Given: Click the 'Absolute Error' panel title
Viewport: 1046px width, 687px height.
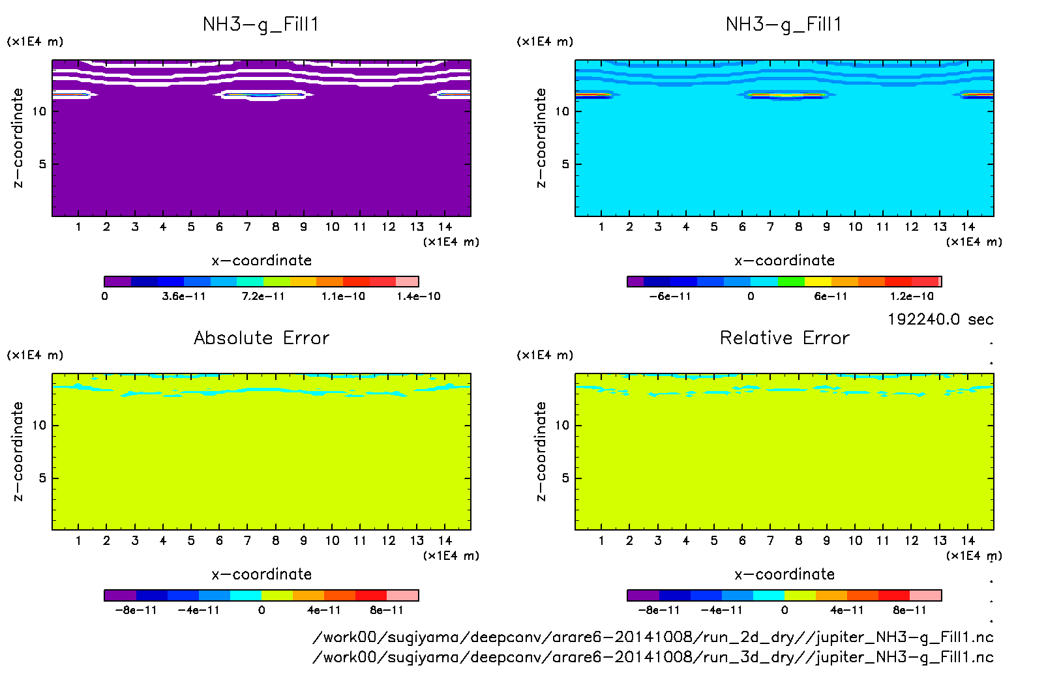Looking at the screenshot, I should point(261,338).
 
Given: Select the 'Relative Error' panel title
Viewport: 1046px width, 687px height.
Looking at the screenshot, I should point(784,338).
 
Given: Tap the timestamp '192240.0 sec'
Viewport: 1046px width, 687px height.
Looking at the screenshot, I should point(940,319).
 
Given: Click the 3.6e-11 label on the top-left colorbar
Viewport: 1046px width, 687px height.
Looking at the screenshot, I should point(184,297).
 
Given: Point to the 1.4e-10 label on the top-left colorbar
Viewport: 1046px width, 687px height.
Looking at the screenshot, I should point(419,297).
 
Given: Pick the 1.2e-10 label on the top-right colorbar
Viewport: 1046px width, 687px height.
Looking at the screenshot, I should point(912,297).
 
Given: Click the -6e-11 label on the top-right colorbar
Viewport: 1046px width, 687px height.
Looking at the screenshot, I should point(670,297).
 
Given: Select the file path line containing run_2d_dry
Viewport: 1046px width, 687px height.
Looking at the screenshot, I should point(653,637).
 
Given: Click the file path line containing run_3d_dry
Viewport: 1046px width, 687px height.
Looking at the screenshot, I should point(653,657).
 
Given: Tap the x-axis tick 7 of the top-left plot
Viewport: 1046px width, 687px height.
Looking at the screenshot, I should point(247,227).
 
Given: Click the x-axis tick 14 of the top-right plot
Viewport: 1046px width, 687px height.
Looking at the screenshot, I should point(968,227).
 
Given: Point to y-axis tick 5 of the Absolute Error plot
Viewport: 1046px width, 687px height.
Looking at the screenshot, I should point(42,478).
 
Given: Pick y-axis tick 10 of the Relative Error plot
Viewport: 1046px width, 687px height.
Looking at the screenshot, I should point(561,426).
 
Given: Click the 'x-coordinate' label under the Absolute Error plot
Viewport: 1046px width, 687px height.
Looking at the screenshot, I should point(261,574).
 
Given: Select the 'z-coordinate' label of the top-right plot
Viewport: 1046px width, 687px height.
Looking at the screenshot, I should point(541,138).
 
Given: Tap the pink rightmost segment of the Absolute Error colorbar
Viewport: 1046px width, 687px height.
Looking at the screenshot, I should point(402,595).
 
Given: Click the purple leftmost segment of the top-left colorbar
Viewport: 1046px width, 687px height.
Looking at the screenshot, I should point(117,282).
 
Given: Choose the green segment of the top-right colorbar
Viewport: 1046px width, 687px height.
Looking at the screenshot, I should point(791,282).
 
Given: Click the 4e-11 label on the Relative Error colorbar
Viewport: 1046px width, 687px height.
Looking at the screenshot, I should point(846,611).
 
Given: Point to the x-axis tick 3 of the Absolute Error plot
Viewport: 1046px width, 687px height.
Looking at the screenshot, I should point(135,540).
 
